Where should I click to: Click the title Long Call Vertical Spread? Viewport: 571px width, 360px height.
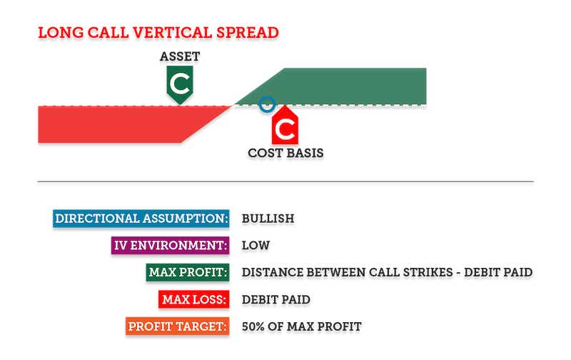158,32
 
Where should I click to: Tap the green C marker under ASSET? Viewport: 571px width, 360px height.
180,84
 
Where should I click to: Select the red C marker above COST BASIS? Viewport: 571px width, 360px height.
285,125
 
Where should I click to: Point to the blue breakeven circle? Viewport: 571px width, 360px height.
267,104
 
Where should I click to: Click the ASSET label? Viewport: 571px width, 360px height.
180,56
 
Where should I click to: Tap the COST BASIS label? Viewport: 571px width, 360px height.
286,153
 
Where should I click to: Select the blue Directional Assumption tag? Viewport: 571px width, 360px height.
141,219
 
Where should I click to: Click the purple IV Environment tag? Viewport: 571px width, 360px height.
171,245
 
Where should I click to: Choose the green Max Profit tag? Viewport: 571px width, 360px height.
188,272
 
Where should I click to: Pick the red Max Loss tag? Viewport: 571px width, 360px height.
193,299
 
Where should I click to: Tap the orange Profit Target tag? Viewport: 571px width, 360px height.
177,326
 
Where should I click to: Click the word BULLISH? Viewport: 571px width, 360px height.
268,219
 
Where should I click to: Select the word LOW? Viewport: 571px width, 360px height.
256,245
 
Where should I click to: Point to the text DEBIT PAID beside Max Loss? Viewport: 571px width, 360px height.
276,299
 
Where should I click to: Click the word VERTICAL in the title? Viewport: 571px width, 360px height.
172,32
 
